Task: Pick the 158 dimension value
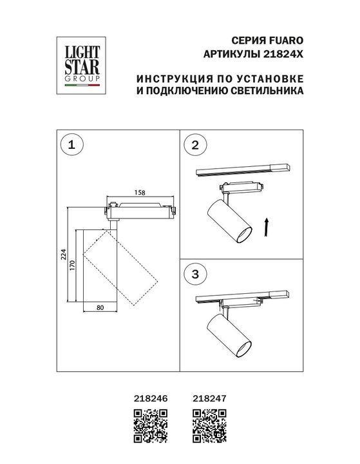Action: (138, 191)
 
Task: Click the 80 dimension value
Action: (100, 307)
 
